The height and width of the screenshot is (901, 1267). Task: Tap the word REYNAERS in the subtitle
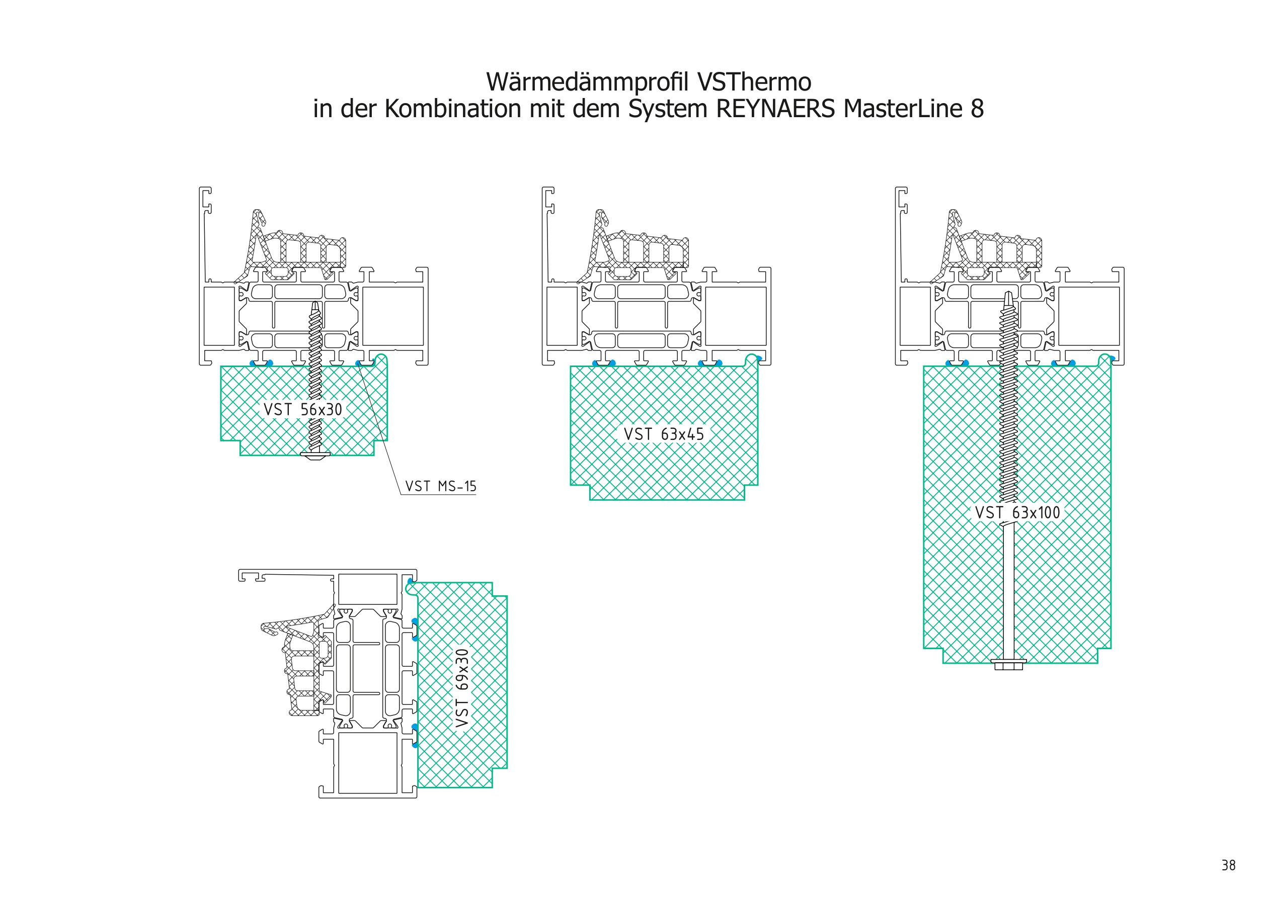click(775, 109)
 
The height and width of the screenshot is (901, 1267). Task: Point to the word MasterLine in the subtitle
click(903, 109)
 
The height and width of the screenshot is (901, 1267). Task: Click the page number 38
click(1228, 865)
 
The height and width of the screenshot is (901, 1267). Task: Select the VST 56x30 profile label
click(302, 409)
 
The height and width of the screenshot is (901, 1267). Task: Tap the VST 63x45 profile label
click(664, 434)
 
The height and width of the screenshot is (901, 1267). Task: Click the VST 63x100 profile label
click(1017, 512)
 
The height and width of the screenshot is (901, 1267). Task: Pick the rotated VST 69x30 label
click(462, 688)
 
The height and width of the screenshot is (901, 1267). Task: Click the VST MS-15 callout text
click(441, 487)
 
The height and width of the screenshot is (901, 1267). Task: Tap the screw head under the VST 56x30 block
click(315, 455)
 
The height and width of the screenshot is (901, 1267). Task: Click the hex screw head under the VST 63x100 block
click(1008, 664)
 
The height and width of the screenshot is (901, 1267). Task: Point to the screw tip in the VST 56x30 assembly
click(315, 304)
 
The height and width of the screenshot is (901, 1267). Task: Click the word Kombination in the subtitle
click(453, 109)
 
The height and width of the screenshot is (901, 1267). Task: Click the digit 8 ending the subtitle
click(977, 109)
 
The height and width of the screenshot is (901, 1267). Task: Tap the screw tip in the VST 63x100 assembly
click(1008, 296)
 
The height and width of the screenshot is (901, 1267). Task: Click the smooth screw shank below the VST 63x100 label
click(1009, 590)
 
